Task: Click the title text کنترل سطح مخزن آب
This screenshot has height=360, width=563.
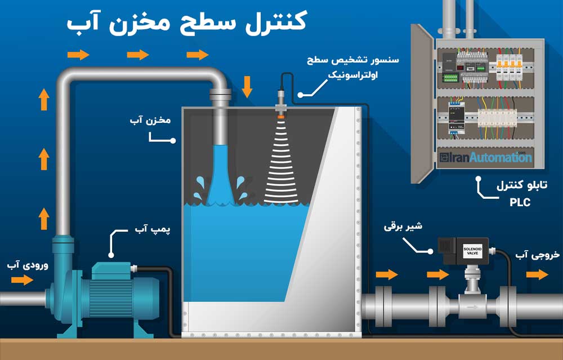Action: click(186, 22)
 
